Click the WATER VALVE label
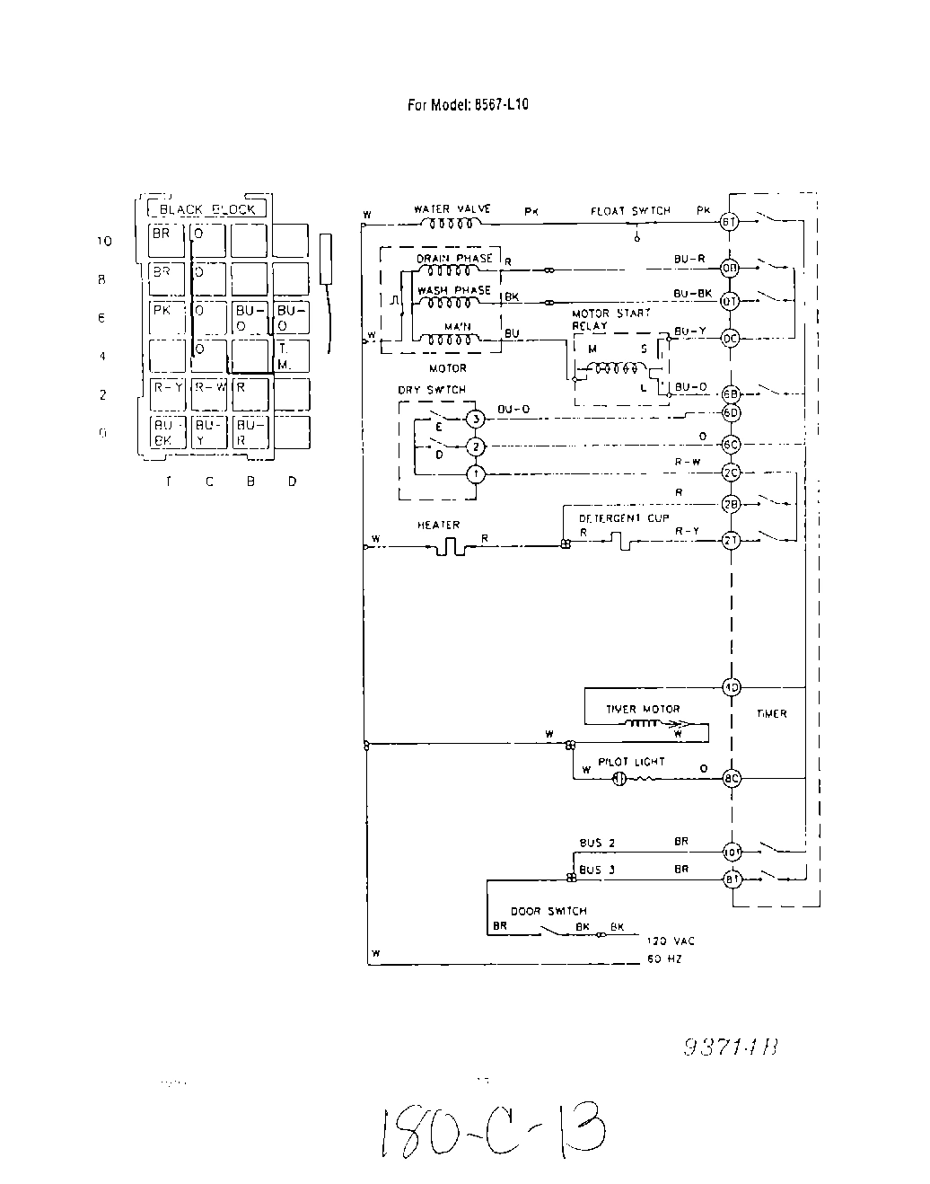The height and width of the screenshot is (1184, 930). click(x=452, y=209)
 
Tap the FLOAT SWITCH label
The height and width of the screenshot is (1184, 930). click(x=630, y=211)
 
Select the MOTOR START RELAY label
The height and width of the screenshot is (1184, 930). click(x=611, y=320)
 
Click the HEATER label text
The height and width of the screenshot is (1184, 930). click(x=438, y=525)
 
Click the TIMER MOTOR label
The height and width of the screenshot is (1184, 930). click(x=643, y=709)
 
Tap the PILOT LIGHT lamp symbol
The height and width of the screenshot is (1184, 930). click(x=618, y=779)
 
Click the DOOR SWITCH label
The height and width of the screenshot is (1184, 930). click(x=548, y=911)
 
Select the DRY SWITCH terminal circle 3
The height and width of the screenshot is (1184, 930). click(x=477, y=420)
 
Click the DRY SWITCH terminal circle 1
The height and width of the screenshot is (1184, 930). click(x=477, y=473)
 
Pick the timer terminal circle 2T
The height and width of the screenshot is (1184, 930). click(x=731, y=539)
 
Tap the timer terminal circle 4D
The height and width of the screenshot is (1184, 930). click(x=731, y=688)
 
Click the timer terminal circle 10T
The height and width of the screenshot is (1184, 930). click(x=731, y=850)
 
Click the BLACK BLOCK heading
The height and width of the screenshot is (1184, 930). click(x=206, y=209)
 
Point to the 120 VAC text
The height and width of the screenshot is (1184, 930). click(x=671, y=941)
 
